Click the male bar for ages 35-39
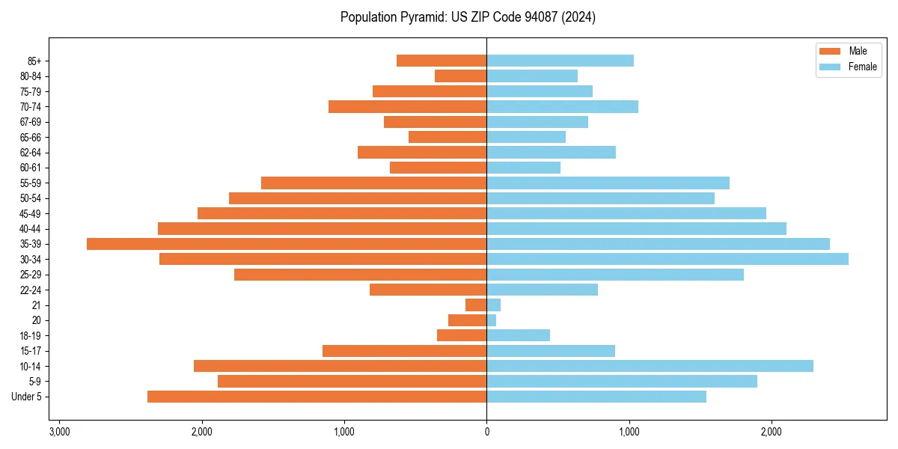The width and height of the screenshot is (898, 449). click(287, 244)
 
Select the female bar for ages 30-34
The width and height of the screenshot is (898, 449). click(668, 259)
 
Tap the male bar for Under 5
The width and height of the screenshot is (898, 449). click(317, 397)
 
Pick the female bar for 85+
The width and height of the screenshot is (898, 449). click(560, 61)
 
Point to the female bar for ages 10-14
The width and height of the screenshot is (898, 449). click(650, 366)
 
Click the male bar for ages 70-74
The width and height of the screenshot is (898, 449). click(407, 106)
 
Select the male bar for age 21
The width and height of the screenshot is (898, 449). click(476, 305)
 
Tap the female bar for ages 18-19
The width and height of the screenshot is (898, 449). click(518, 335)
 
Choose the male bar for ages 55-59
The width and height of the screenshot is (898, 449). click(373, 183)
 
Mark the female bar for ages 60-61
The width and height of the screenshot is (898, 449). click(523, 168)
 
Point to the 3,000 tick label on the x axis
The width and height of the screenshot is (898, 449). click(59, 432)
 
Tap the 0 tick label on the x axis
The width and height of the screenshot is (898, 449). click(486, 432)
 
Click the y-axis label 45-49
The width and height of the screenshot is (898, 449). click(31, 213)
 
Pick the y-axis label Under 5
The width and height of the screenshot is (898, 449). click(27, 397)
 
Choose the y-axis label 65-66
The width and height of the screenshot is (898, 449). click(31, 137)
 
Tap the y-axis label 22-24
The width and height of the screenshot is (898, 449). click(31, 290)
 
